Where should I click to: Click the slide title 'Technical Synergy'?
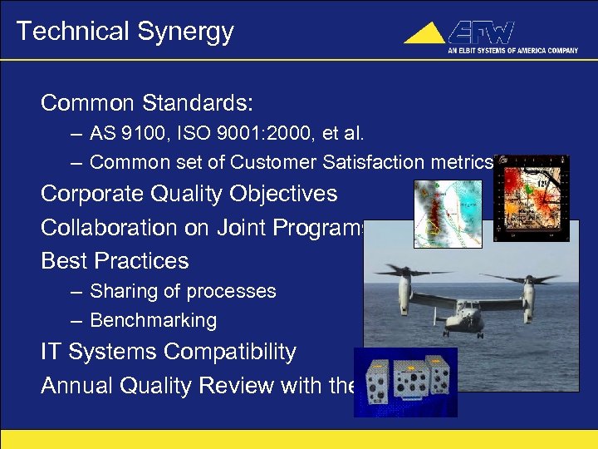click(x=125, y=32)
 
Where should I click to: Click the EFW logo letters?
click(x=482, y=33)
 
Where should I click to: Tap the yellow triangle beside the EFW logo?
click(x=425, y=34)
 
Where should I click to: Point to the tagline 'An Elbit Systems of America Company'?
click(x=512, y=51)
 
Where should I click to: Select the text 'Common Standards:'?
click(x=146, y=103)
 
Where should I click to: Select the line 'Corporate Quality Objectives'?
click(x=189, y=194)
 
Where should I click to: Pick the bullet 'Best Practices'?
click(x=115, y=260)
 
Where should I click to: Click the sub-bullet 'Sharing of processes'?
click(x=183, y=291)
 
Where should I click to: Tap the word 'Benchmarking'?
click(x=153, y=320)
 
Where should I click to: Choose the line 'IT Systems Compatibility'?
click(x=169, y=352)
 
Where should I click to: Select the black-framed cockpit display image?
click(x=531, y=198)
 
